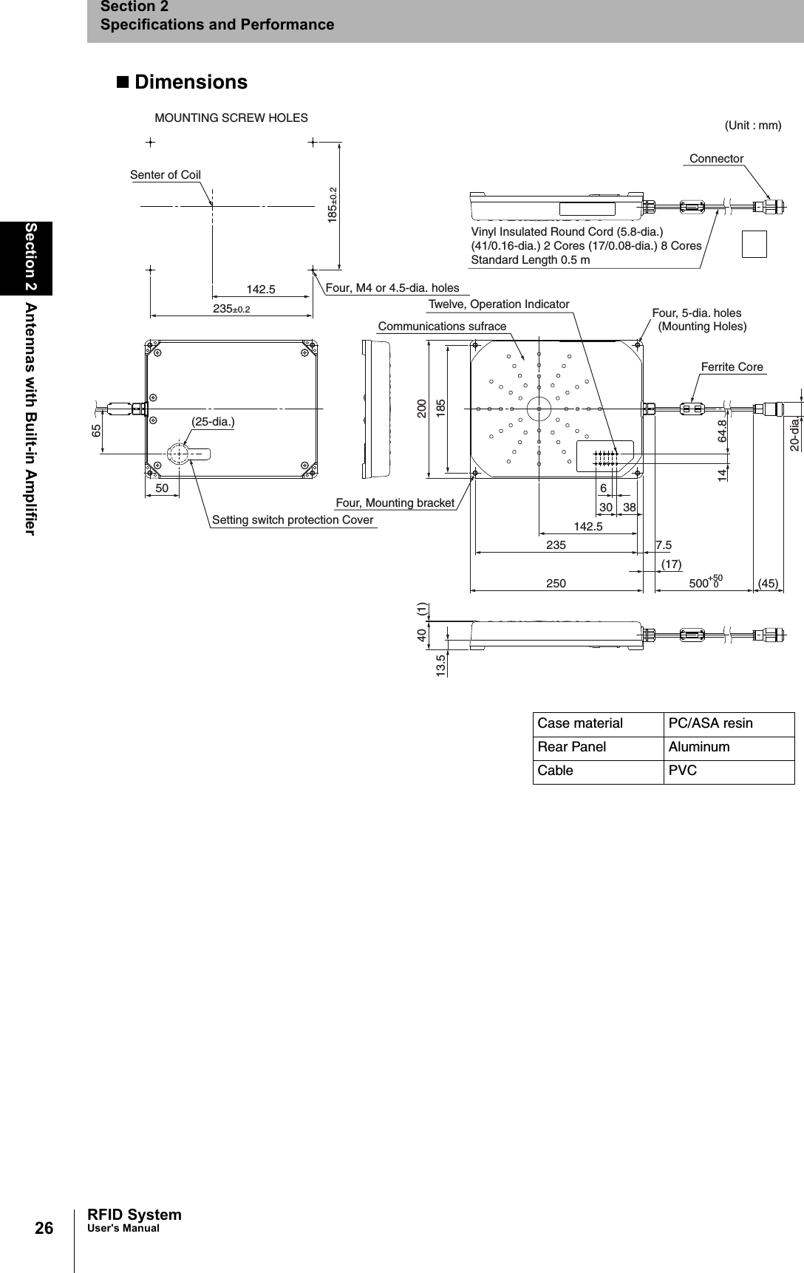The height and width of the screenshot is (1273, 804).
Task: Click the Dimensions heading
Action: (x=190, y=82)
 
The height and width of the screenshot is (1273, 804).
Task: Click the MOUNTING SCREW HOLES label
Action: (x=231, y=118)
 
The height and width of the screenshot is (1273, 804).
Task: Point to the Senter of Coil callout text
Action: (x=166, y=175)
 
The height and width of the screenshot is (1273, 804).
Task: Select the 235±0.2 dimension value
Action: (x=231, y=310)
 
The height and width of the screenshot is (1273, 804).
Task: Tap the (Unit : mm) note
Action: (x=752, y=126)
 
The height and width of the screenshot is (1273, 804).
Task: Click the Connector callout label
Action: (x=716, y=159)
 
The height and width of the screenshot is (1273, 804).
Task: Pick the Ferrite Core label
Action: (x=732, y=367)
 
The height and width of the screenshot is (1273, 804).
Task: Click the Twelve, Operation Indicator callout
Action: (x=499, y=304)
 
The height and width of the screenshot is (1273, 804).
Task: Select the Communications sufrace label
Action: (x=442, y=327)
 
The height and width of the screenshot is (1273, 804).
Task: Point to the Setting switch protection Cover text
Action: (x=293, y=520)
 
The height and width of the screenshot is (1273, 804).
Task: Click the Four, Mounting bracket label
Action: (x=395, y=503)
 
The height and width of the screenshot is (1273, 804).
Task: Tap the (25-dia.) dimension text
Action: (x=213, y=422)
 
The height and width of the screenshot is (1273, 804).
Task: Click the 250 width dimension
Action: (x=556, y=584)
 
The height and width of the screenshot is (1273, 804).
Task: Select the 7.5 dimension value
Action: (x=663, y=545)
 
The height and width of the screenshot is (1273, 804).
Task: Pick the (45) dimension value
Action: (x=769, y=584)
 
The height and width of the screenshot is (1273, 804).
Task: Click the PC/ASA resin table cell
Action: (x=710, y=724)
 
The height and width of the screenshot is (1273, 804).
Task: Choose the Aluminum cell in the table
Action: (x=698, y=747)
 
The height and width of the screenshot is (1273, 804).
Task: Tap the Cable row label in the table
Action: (x=555, y=771)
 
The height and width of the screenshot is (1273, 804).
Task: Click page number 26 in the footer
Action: (x=44, y=1229)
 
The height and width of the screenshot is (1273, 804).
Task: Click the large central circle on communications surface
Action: (x=539, y=408)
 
